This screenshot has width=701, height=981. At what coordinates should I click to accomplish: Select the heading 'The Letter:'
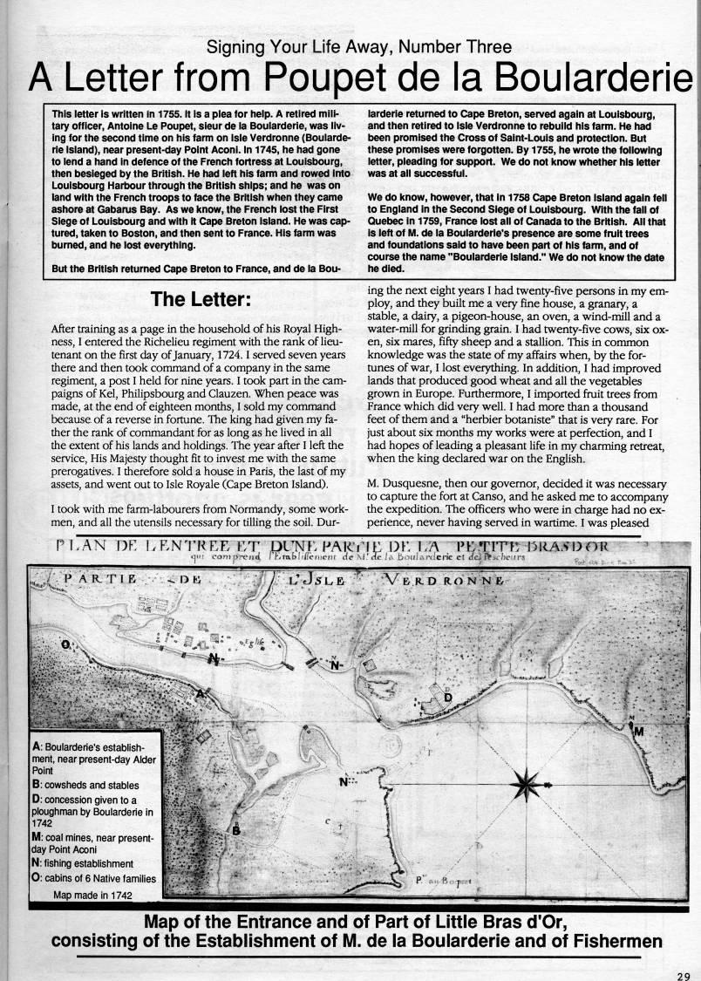point(201,298)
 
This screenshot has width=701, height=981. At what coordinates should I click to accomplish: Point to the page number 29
point(684,977)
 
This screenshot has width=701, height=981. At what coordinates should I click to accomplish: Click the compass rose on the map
point(530,780)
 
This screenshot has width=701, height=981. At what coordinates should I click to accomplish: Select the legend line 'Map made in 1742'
point(92,894)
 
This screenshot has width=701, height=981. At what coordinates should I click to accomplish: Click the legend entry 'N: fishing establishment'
point(82,863)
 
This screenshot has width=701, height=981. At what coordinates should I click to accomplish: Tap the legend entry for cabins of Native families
point(93,878)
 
